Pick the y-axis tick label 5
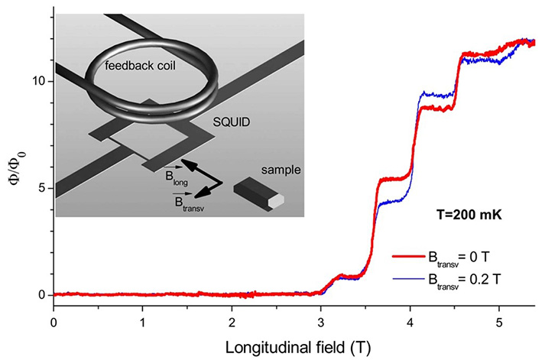pyautogui.click(x=41, y=188)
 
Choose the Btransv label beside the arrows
pyautogui.click(x=165, y=201)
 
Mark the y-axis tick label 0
pyautogui.click(x=41, y=295)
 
